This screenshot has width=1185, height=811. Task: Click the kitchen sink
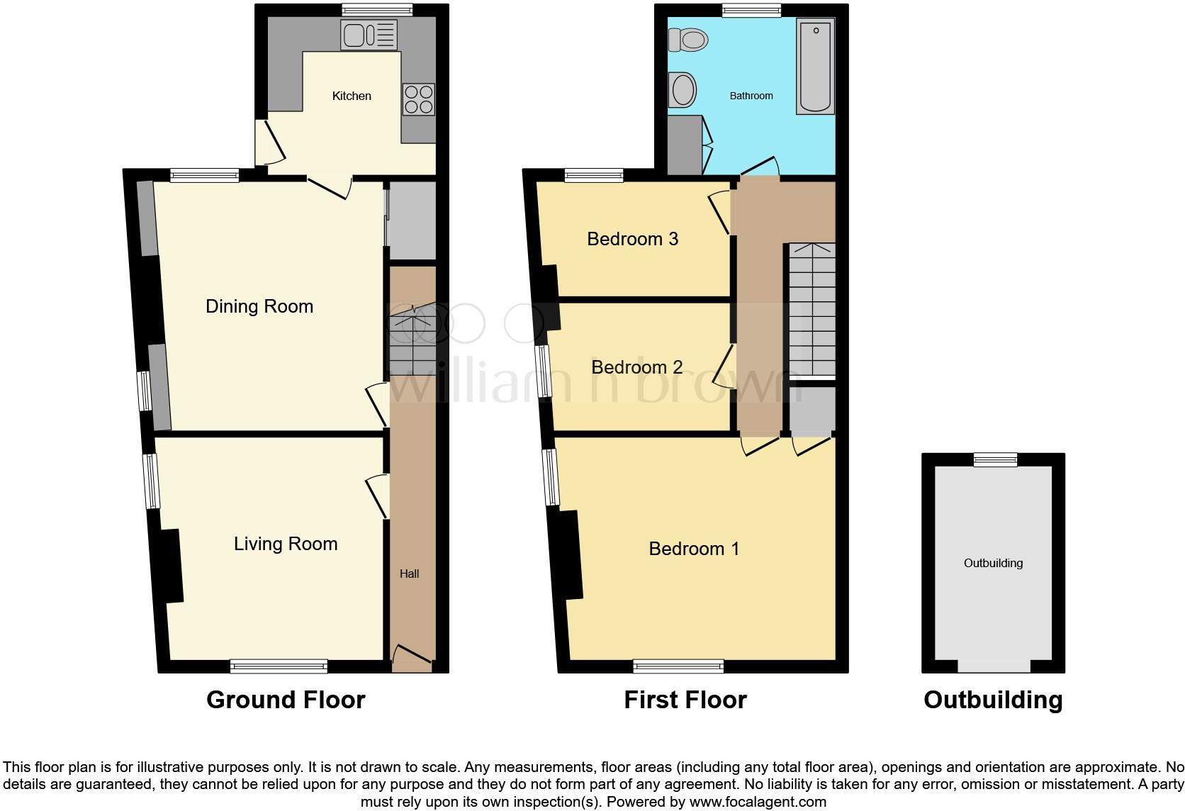(369, 35)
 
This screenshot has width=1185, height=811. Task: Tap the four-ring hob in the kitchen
(418, 99)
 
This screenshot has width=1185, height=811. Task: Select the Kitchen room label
(352, 96)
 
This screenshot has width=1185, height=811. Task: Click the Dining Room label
(259, 306)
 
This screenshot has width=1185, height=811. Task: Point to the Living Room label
(286, 544)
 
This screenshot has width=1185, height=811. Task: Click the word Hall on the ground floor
(409, 574)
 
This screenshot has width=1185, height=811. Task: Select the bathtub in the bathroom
(816, 66)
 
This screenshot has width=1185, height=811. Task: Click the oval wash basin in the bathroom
(683, 91)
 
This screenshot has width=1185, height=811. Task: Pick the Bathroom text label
(751, 96)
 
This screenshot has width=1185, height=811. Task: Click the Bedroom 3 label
(632, 239)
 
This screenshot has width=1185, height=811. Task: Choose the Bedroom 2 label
(636, 367)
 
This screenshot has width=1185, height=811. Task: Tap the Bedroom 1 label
(694, 549)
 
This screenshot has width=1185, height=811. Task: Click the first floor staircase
(812, 311)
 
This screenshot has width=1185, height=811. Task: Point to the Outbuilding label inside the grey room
(993, 563)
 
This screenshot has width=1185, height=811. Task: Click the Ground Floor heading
(286, 700)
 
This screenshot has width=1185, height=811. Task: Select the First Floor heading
(685, 700)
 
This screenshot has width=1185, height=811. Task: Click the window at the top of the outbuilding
(995, 459)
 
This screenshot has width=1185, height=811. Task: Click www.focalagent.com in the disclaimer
(758, 802)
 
